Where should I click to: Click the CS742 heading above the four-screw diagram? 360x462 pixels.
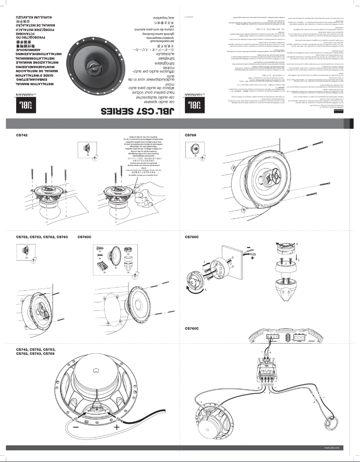(x=22, y=135)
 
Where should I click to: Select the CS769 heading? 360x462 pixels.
(x=191, y=135)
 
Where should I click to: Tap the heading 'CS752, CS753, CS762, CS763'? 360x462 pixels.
(x=42, y=236)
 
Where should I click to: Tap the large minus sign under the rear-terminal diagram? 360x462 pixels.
(x=75, y=427)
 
